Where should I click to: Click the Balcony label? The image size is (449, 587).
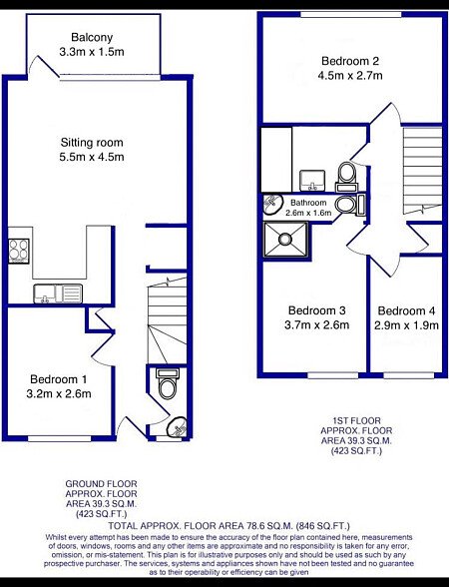pyautogui.click(x=92, y=38)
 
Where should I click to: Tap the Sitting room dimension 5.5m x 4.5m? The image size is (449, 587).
pyautogui.click(x=92, y=157)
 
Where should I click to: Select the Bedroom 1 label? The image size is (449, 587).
pyautogui.click(x=58, y=379)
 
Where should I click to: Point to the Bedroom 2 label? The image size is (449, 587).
pyautogui.click(x=350, y=61)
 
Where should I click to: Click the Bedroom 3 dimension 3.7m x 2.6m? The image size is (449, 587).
pyautogui.click(x=317, y=324)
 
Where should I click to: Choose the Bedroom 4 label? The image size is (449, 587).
pyautogui.click(x=406, y=310)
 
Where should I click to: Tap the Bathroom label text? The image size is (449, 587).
pyautogui.click(x=308, y=203)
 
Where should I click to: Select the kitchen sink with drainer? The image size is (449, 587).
pyautogui.click(x=58, y=293)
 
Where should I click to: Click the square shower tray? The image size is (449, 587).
pyautogui.click(x=285, y=240)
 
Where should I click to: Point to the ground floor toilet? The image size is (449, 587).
pyautogui.click(x=168, y=383)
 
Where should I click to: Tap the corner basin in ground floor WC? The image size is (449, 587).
pyautogui.click(x=178, y=426)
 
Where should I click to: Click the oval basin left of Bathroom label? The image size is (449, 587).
pyautogui.click(x=272, y=204)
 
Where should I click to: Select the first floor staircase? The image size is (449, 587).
pyautogui.click(x=423, y=172)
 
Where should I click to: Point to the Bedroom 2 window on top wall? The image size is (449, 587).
pyautogui.click(x=351, y=15)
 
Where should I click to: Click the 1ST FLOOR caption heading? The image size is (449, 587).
pyautogui.click(x=356, y=421)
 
